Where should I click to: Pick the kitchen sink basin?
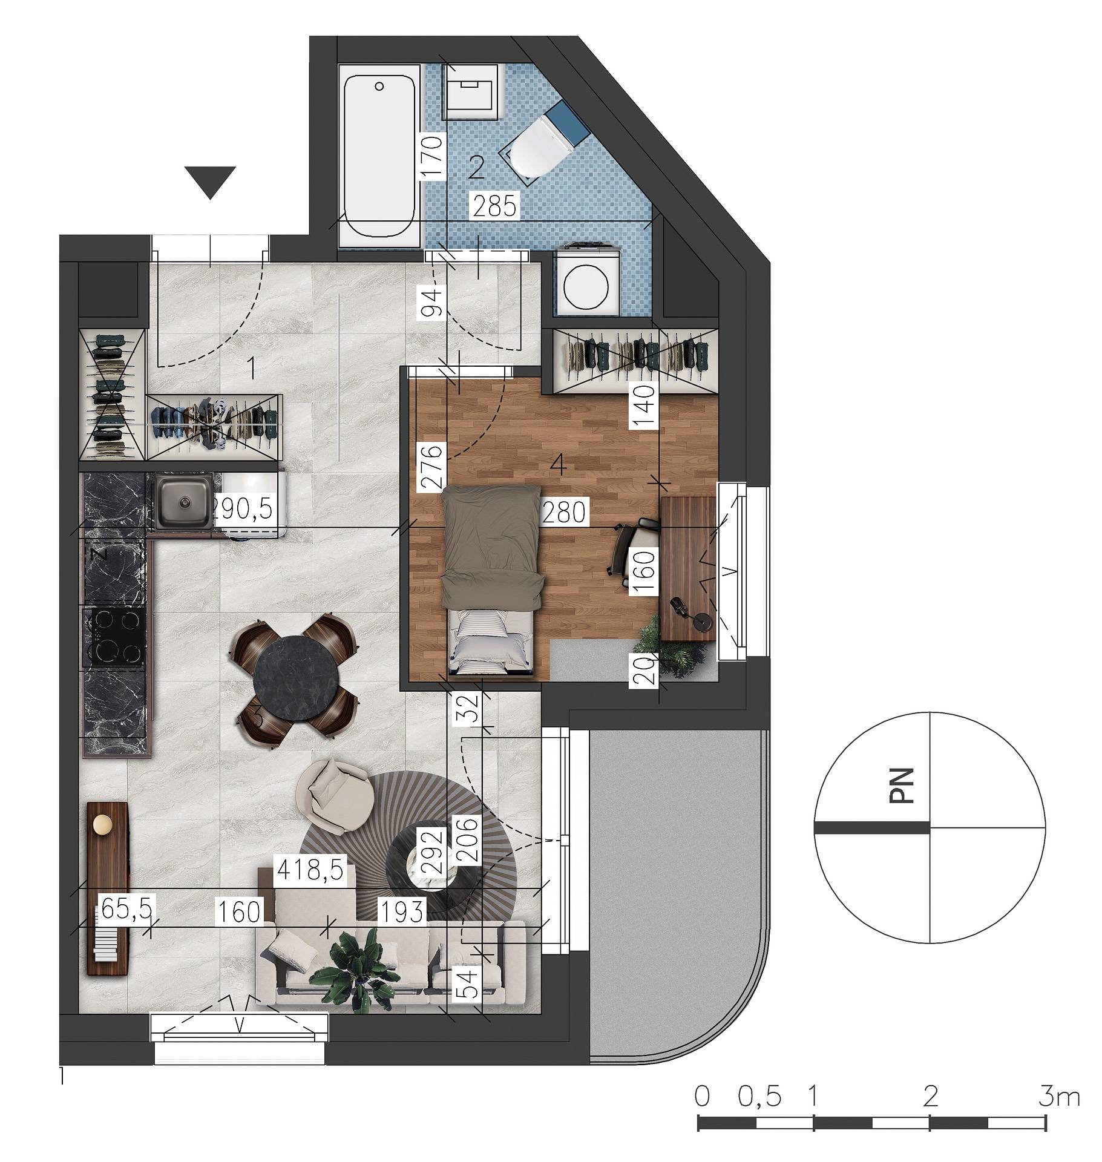pos(183,501)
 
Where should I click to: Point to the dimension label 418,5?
pos(310,870)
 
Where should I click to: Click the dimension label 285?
pos(495,206)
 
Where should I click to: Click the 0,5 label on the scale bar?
pos(760,1096)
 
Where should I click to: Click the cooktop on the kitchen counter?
pos(114,637)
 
